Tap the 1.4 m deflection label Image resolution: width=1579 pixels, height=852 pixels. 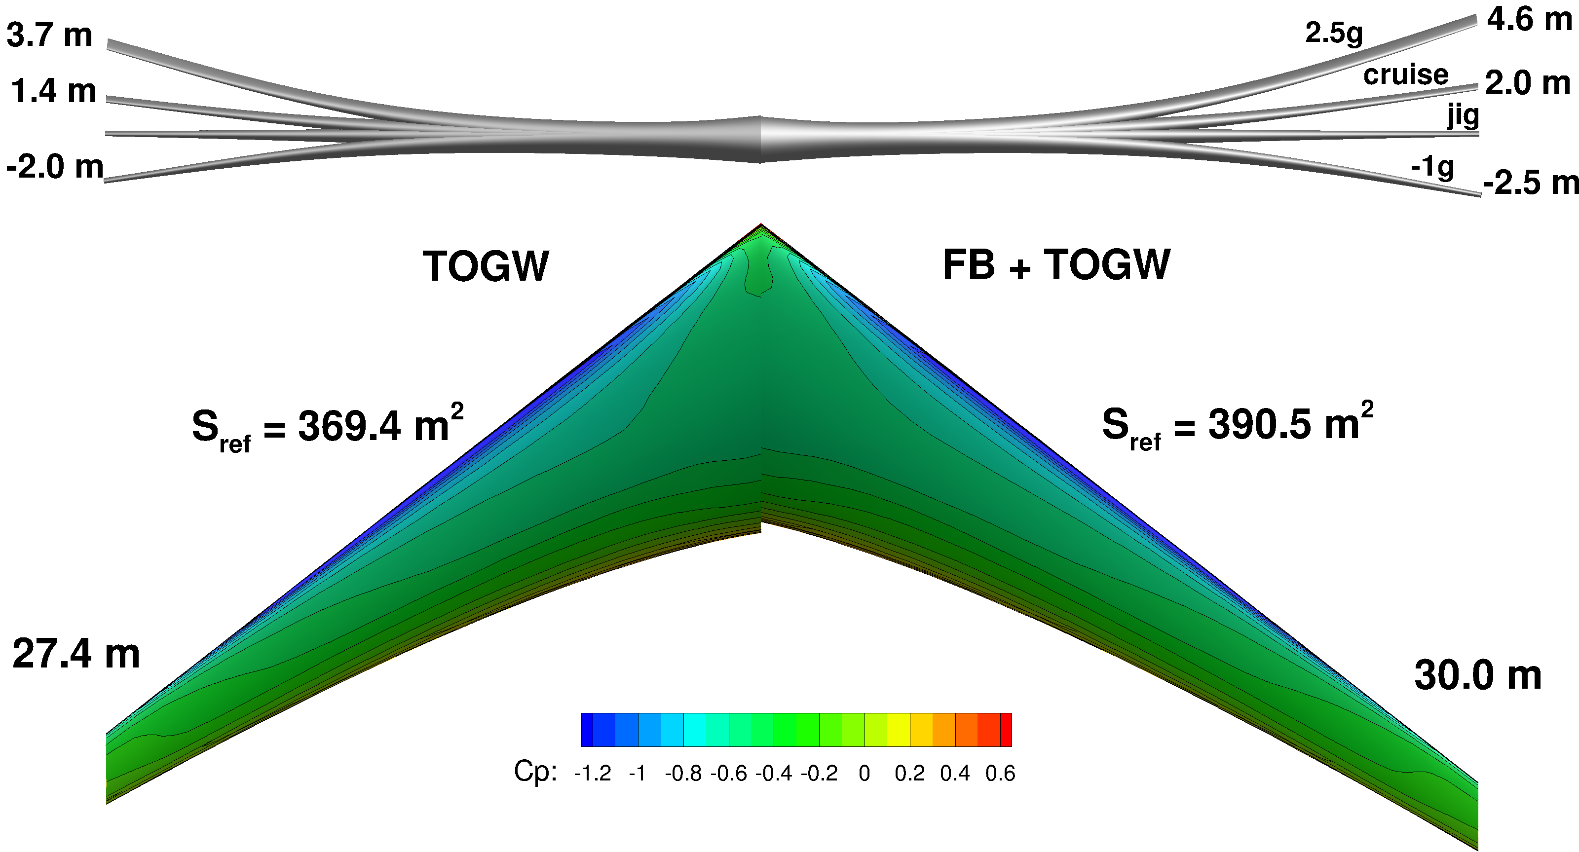pos(53,91)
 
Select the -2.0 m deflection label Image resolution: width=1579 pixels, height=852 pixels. pos(55,167)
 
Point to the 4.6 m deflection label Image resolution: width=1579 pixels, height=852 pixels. pos(1529,20)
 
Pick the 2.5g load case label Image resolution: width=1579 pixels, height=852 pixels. pos(1334,33)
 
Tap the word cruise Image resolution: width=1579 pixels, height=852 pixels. pos(1405,75)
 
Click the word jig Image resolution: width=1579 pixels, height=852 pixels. pos(1463,115)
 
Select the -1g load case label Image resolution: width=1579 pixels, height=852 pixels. pos(1432,167)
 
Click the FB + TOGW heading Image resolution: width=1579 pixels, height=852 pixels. pos(1056,265)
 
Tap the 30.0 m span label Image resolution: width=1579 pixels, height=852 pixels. pos(1477,675)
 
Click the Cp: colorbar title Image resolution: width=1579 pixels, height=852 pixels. pos(535,772)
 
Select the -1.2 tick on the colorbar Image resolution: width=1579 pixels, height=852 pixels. pos(592,774)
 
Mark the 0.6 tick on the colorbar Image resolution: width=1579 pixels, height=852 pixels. pos(1000,774)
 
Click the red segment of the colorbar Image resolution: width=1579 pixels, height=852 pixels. pos(1006,730)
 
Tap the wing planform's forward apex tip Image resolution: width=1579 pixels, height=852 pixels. pos(761,225)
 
